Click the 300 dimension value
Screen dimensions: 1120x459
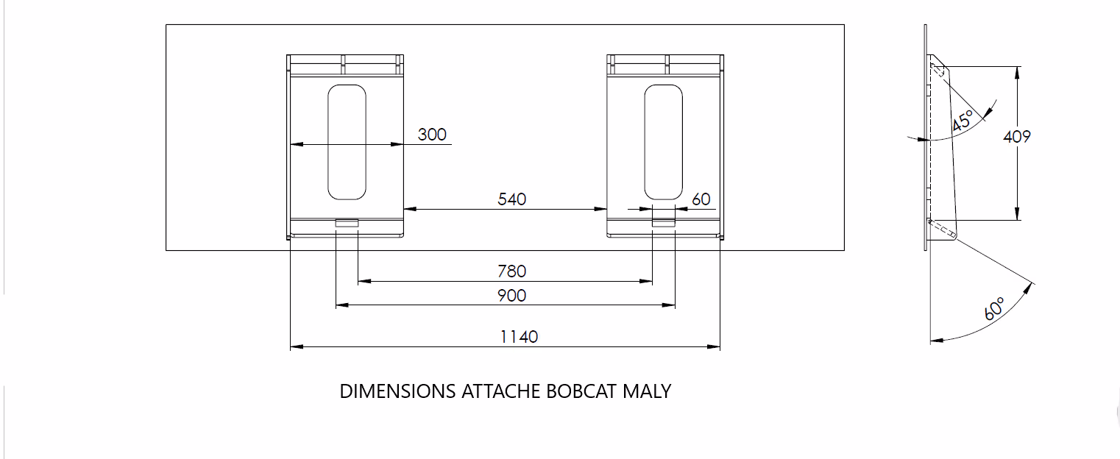pos(432,135)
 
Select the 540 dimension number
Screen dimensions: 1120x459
pos(512,199)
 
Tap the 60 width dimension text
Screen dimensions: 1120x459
pos(701,199)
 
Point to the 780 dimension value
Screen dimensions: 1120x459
pos(512,271)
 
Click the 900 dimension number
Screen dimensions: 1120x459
pos(512,296)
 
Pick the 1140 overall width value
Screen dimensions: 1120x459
pos(519,337)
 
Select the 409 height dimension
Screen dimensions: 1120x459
pos(1017,137)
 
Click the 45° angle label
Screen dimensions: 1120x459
pos(962,121)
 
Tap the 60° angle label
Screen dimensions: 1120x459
pos(994,308)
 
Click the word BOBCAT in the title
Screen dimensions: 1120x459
pos(581,391)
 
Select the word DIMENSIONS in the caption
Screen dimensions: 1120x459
pos(397,391)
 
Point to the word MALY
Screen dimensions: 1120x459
pos(647,391)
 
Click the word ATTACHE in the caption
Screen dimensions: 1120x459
pos(500,391)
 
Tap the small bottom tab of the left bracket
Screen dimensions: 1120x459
pos(347,223)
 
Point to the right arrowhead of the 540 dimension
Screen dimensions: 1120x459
pos(600,209)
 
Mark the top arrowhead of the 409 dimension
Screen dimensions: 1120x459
pos(1017,73)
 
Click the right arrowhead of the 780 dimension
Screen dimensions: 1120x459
pos(647,282)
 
